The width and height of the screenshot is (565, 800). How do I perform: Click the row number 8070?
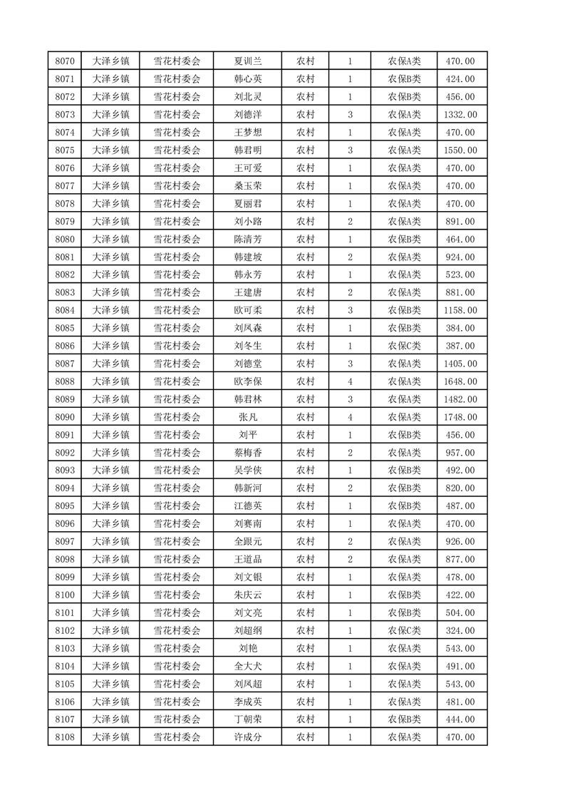tap(64, 61)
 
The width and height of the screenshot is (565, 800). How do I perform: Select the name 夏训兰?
tap(248, 61)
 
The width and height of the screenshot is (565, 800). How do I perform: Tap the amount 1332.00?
tap(460, 115)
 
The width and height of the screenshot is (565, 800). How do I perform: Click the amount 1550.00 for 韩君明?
tap(460, 150)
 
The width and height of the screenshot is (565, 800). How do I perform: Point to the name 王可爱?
tap(248, 168)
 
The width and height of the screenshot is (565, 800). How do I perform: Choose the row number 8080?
tap(64, 240)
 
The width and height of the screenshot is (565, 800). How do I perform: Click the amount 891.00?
tap(460, 222)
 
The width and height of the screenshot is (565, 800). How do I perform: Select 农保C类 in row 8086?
tap(404, 346)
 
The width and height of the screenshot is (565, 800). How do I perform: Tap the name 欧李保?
tap(248, 381)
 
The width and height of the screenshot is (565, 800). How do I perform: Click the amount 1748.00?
tap(460, 417)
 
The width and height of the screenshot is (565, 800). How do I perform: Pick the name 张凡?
tap(248, 417)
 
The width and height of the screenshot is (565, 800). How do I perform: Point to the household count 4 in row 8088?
tap(350, 381)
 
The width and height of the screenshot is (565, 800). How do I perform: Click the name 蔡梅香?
tap(248, 453)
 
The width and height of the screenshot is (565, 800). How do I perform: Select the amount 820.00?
tap(460, 488)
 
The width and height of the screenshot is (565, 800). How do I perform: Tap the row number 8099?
tap(64, 577)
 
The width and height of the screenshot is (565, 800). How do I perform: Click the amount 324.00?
tap(460, 630)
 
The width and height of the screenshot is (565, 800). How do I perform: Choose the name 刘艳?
tap(248, 648)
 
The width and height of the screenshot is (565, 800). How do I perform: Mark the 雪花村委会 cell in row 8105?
tap(177, 684)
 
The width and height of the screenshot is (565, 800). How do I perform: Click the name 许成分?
tap(248, 737)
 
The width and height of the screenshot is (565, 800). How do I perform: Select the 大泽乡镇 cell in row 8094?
tap(110, 488)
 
